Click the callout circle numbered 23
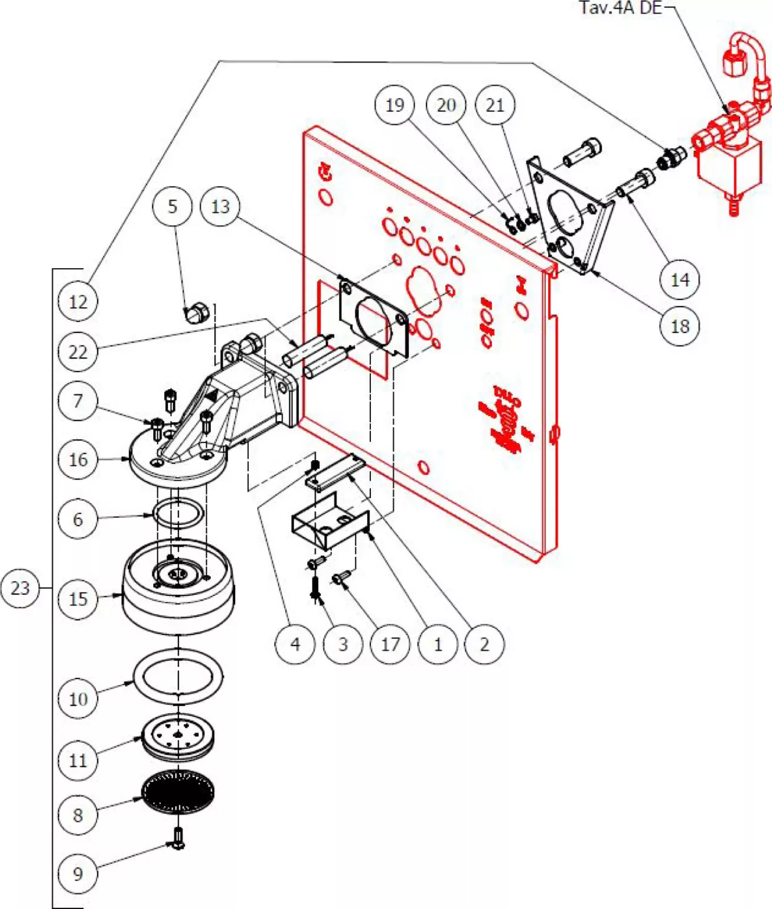[x=20, y=587]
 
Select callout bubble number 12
[x=78, y=302]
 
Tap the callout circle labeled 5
[x=172, y=206]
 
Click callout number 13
[x=220, y=206]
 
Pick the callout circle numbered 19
[x=395, y=105]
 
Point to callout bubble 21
[x=495, y=105]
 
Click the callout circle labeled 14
[x=679, y=280]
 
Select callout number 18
[x=679, y=326]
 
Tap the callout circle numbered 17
[x=390, y=644]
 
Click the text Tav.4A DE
[x=620, y=8]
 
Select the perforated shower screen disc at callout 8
[x=178, y=791]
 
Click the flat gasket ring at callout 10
[x=178, y=676]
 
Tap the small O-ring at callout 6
[x=178, y=514]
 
